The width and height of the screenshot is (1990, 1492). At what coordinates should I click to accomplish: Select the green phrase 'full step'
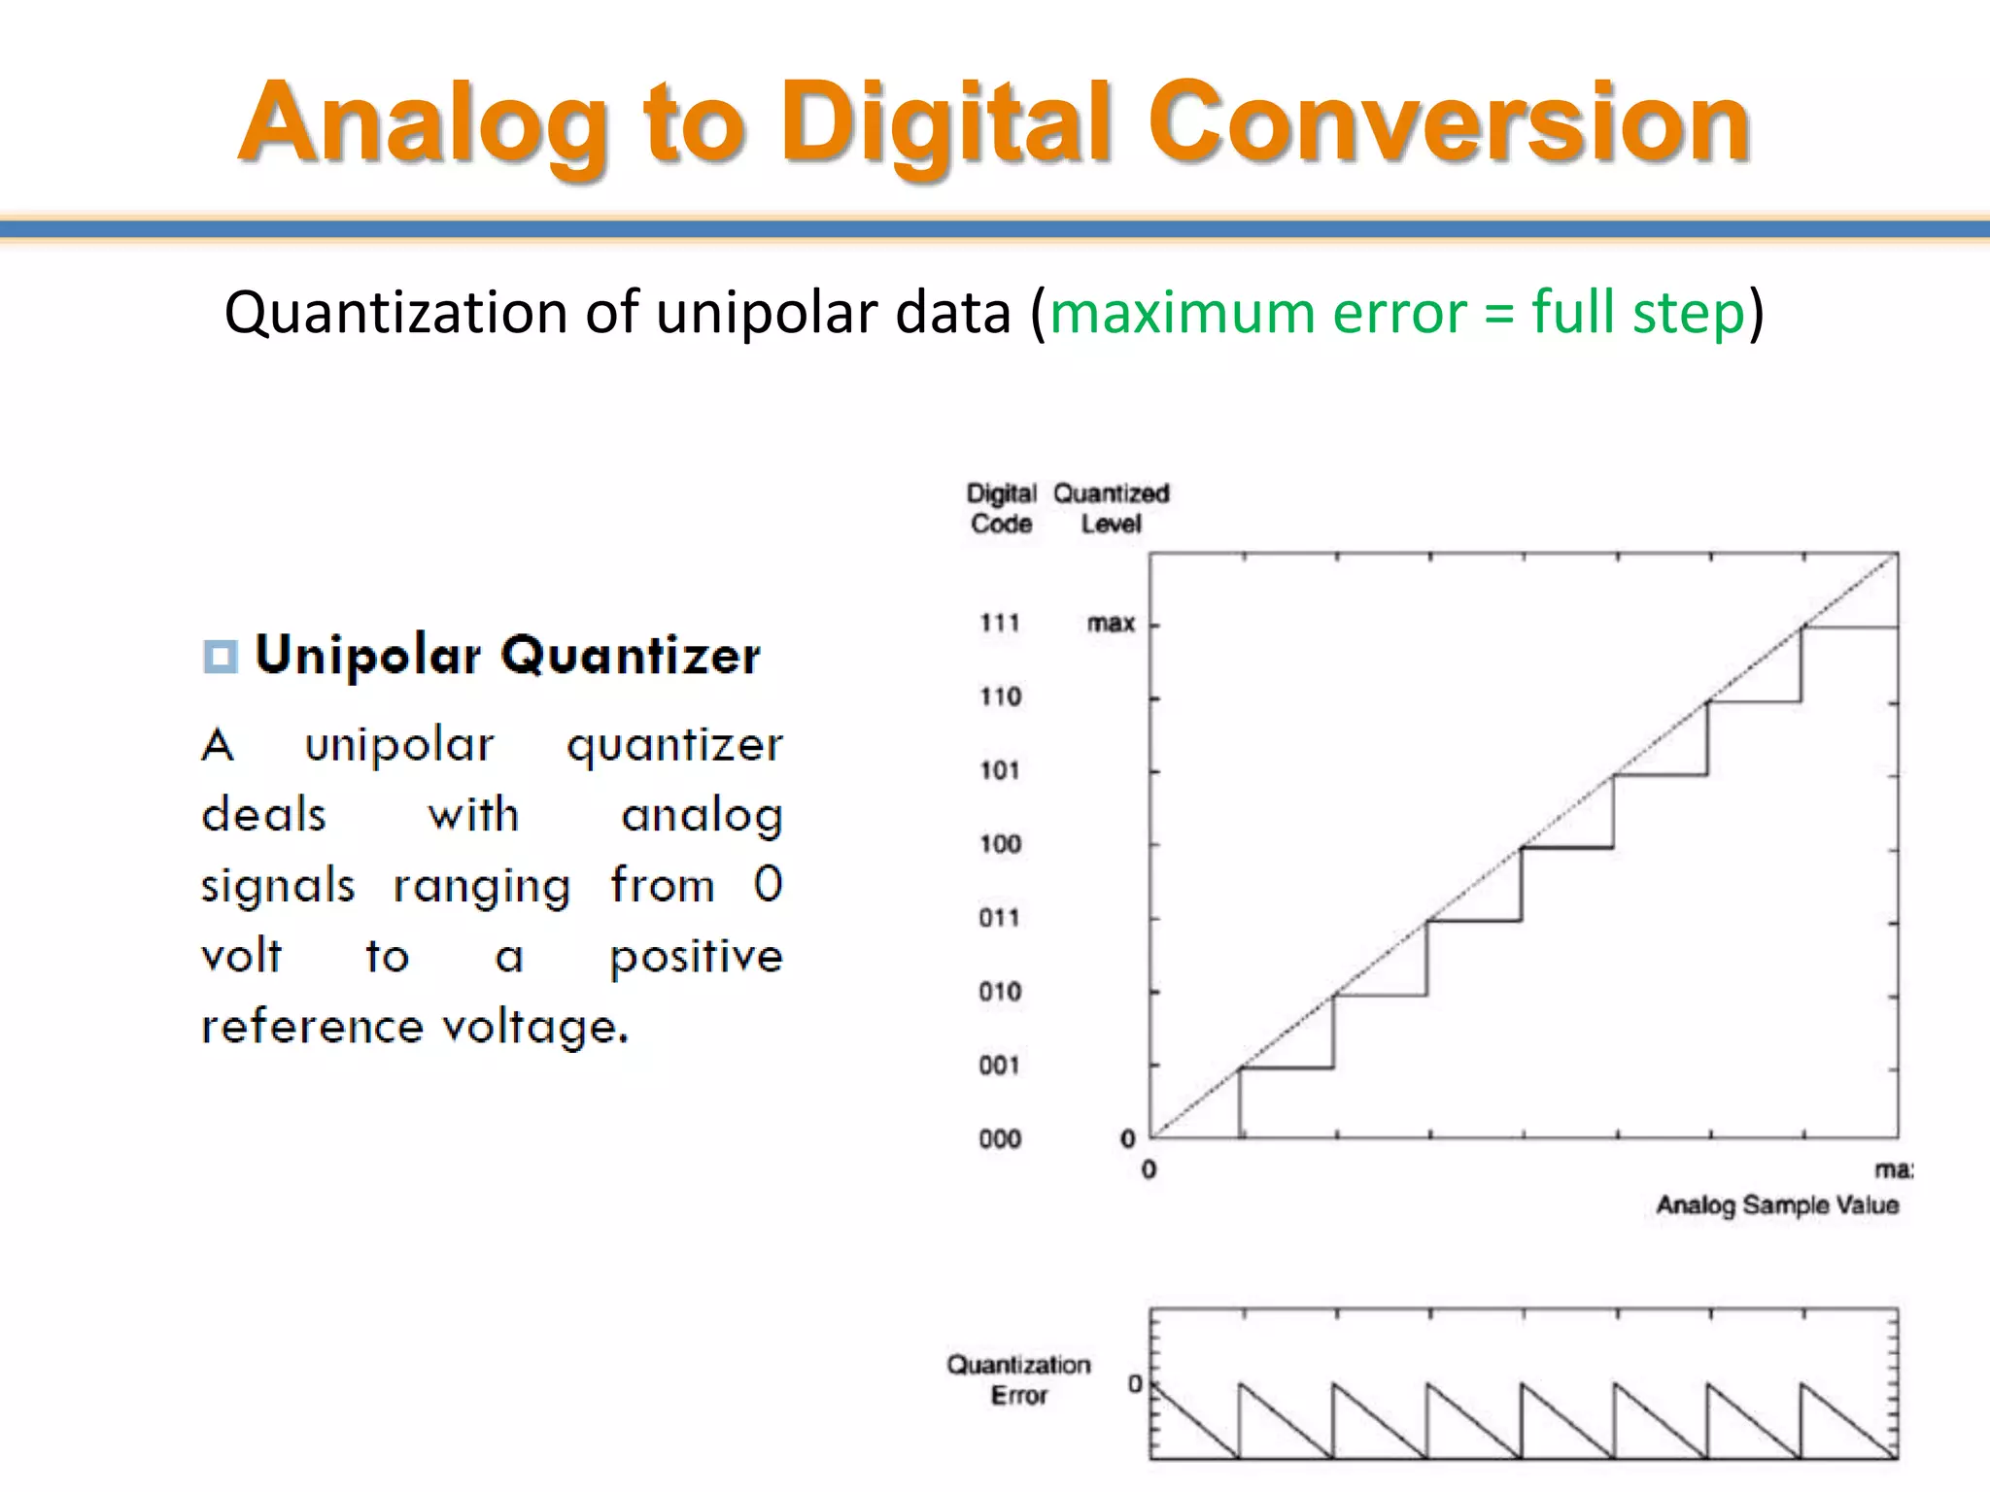click(1638, 313)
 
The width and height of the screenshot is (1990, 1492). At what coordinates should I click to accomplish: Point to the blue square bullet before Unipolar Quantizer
click(220, 656)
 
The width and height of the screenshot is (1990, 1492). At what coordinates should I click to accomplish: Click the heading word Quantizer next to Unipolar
click(631, 656)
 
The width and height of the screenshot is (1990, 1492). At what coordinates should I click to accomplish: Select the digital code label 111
click(999, 623)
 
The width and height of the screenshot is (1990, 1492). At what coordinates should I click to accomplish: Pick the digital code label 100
click(1000, 843)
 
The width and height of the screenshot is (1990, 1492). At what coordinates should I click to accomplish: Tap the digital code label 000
click(1000, 1138)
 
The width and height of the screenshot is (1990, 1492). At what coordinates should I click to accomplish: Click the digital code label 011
click(999, 917)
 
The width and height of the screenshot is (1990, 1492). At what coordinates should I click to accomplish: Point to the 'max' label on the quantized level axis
click(1111, 623)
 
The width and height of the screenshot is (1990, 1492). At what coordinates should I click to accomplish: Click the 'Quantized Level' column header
click(1111, 508)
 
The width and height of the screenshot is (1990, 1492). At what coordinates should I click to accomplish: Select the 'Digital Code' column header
click(1001, 508)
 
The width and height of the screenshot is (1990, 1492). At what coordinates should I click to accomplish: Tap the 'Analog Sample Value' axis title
click(1776, 1205)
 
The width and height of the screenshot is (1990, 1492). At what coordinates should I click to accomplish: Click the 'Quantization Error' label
click(1018, 1379)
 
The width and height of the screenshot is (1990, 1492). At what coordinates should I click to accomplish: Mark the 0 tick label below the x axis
click(1149, 1170)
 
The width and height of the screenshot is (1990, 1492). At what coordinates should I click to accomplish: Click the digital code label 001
click(999, 1066)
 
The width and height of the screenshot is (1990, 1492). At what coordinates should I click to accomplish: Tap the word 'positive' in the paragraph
click(696, 957)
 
